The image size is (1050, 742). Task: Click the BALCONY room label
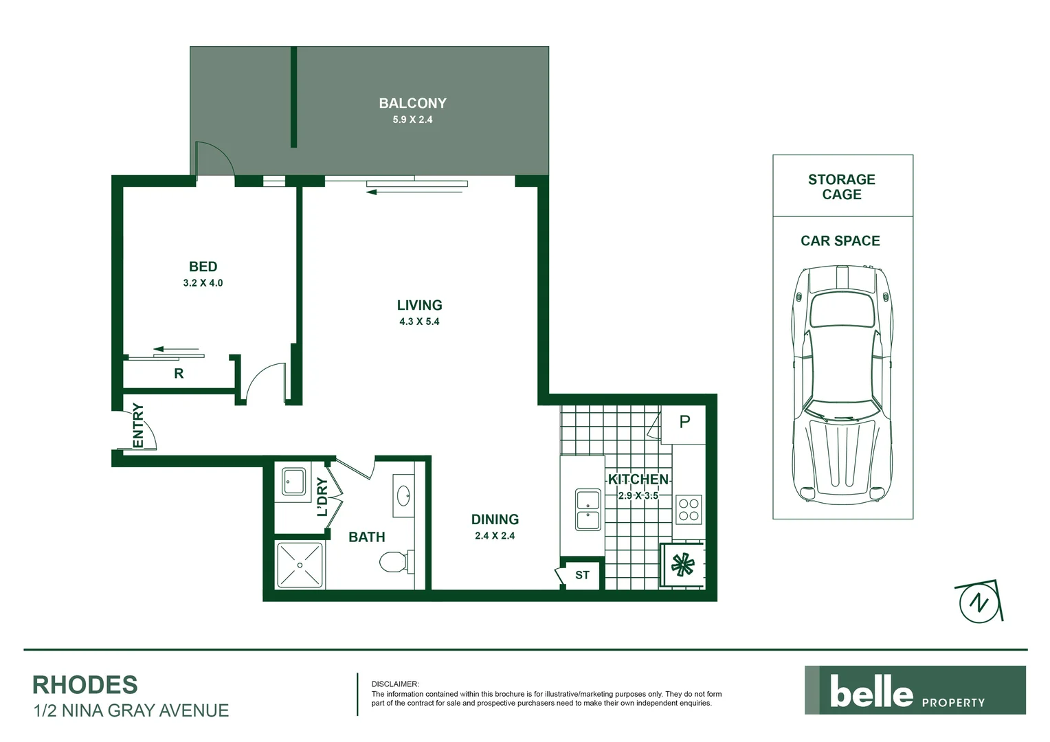click(x=412, y=103)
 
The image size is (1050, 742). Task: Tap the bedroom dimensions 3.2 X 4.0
click(x=203, y=283)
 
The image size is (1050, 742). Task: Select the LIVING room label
click(x=419, y=305)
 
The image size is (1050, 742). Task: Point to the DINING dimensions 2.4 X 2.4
click(x=494, y=536)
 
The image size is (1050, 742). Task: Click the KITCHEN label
click(x=638, y=480)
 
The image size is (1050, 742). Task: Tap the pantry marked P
click(x=684, y=422)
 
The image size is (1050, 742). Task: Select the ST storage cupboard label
click(x=582, y=575)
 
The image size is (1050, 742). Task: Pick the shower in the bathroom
click(x=300, y=565)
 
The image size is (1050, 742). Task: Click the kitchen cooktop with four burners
click(x=689, y=509)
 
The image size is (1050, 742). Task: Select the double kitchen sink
click(x=588, y=510)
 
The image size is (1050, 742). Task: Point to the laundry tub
click(x=294, y=481)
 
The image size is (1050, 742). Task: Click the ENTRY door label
click(x=138, y=425)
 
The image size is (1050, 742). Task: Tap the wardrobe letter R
click(x=179, y=374)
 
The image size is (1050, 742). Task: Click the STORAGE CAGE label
click(x=842, y=187)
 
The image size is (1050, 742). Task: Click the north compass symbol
click(x=977, y=603)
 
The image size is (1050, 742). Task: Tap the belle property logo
click(x=915, y=690)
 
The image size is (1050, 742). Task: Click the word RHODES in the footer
click(x=85, y=685)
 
